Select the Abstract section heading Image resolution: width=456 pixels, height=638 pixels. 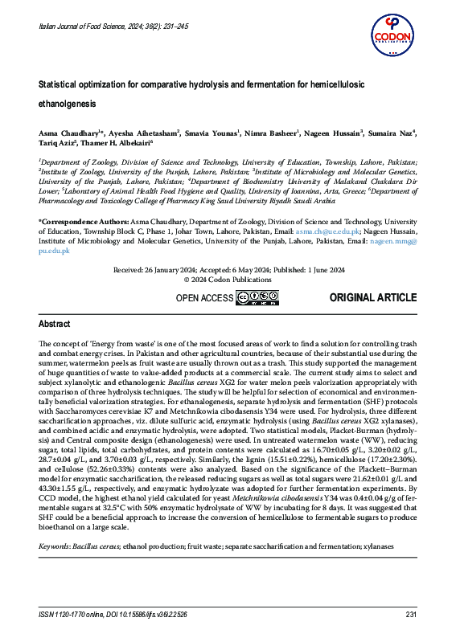55,324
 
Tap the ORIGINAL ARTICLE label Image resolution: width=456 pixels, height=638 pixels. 373,298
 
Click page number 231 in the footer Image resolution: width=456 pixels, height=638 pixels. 409,615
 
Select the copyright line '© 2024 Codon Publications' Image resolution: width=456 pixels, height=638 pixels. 228,280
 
